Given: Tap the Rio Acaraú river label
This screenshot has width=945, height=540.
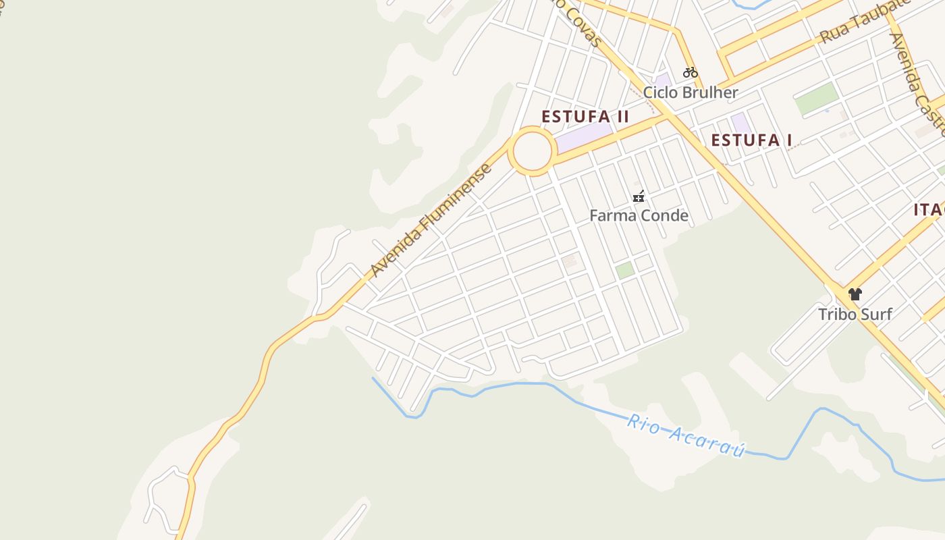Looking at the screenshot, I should click(x=686, y=436).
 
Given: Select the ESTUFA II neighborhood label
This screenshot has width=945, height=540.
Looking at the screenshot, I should click(x=585, y=117).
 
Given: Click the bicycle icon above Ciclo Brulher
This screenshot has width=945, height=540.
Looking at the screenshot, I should click(x=690, y=72).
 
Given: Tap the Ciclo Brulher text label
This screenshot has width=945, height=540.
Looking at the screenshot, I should click(x=691, y=92).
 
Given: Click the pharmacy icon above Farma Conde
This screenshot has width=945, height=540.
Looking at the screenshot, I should click(x=639, y=197).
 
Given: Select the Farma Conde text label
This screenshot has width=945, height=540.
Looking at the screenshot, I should click(x=639, y=216).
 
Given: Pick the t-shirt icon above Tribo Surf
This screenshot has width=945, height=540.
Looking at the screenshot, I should click(x=855, y=294).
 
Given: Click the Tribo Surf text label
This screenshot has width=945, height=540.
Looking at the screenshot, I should click(x=855, y=314).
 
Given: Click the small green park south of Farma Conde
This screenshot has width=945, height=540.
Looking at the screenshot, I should click(x=624, y=271).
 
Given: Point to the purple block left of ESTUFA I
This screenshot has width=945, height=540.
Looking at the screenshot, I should click(x=740, y=123).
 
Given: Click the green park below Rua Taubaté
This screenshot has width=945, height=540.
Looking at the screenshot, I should click(x=816, y=100).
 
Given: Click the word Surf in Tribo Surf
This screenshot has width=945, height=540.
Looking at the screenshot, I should click(x=876, y=314).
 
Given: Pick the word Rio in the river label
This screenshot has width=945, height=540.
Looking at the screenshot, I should click(x=642, y=425).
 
